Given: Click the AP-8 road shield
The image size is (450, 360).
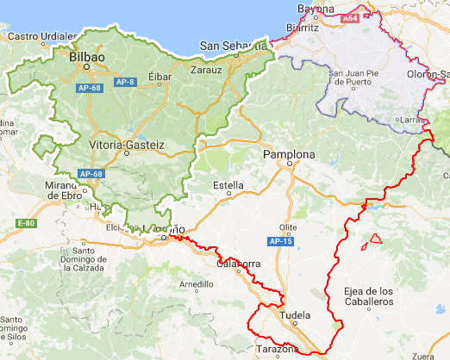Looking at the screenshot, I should pyautogui.click(x=126, y=82).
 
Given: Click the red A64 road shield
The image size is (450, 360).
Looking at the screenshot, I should pyautogui.click(x=350, y=18).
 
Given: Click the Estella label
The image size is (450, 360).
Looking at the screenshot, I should pyautogui.click(x=228, y=185).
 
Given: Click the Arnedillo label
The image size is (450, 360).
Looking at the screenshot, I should pyautogui.click(x=195, y=283).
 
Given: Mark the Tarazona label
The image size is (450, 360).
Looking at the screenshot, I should pyautogui.click(x=278, y=350).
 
